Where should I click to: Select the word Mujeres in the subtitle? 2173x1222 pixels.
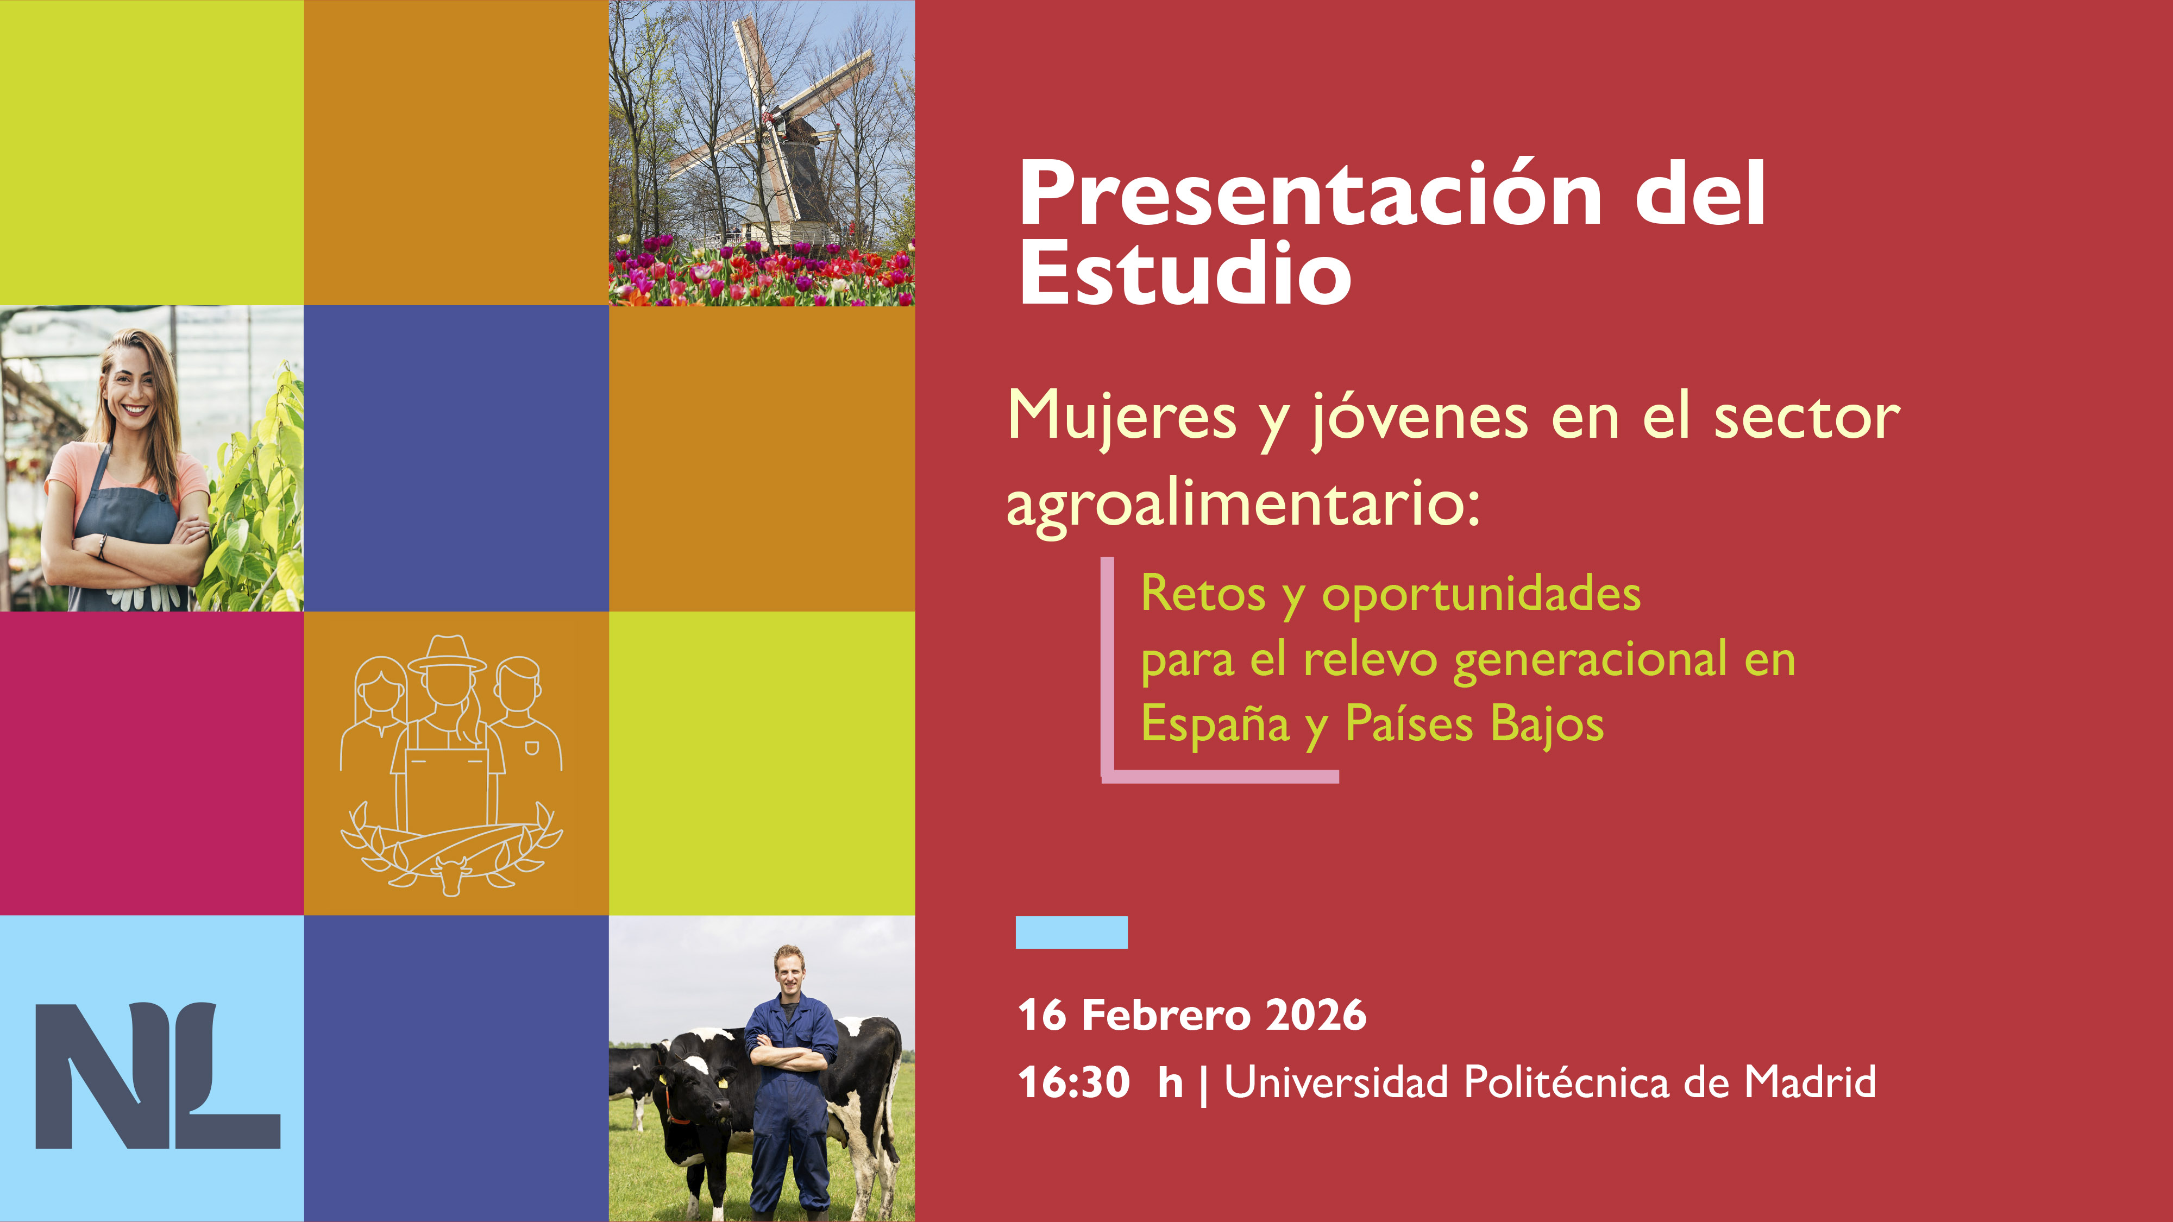(x=1122, y=418)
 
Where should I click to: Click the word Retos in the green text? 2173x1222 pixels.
(x=1203, y=593)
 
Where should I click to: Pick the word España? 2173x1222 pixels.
(x=1215, y=725)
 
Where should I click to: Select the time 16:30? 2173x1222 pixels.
(x=1074, y=1082)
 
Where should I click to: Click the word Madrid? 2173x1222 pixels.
(x=1810, y=1082)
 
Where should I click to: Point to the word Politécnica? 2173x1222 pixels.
(x=1567, y=1082)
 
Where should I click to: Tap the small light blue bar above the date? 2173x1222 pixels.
(x=1071, y=932)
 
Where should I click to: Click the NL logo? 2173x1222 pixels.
(x=158, y=1075)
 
